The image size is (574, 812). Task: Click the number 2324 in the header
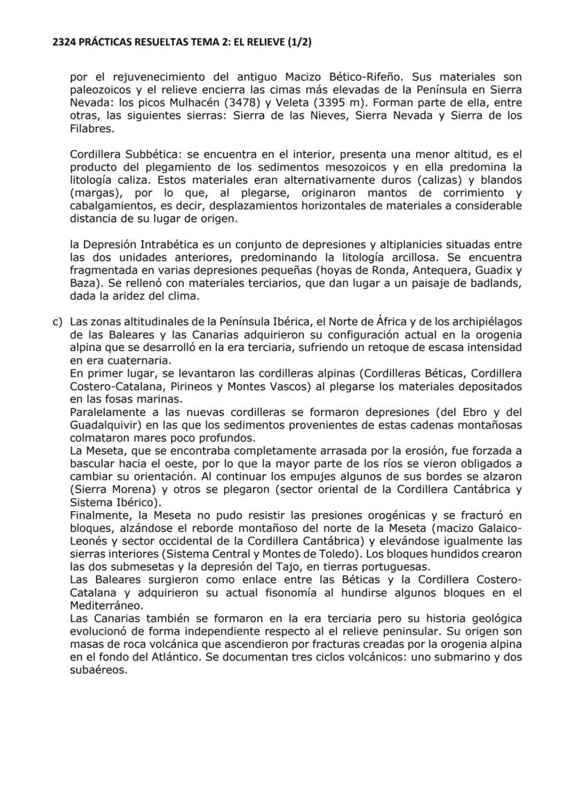coord(65,42)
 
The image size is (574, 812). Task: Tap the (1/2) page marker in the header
coord(297,42)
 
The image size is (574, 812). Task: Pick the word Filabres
coord(89,128)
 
